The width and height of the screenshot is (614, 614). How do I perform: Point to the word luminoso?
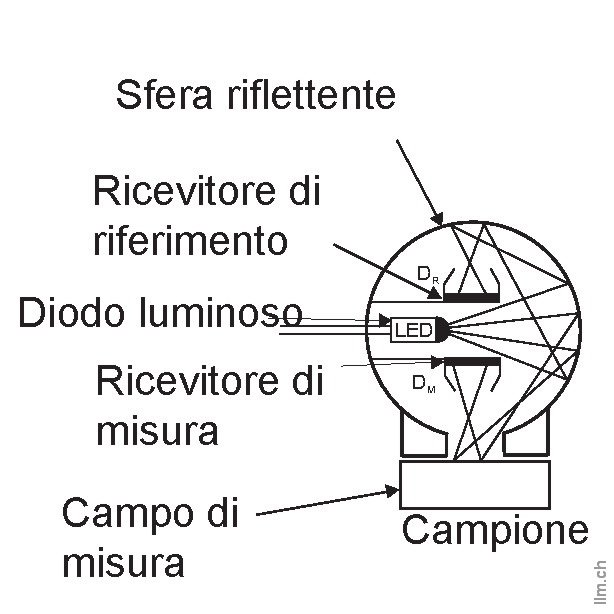tap(227, 314)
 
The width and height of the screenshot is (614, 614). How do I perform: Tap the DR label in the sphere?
tap(425, 273)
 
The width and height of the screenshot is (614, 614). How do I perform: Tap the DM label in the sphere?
tap(423, 382)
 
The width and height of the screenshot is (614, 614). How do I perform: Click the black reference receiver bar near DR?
tap(472, 297)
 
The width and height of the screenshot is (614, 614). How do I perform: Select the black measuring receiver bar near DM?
tap(472, 360)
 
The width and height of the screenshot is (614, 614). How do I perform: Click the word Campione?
tap(495, 531)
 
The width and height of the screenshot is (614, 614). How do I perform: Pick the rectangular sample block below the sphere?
tap(474, 486)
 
